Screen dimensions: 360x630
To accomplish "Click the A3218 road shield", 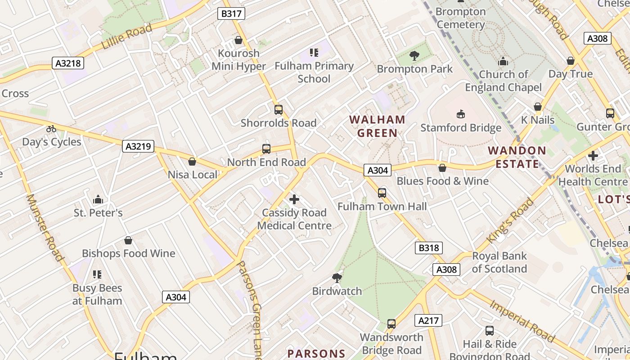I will (x=68, y=63).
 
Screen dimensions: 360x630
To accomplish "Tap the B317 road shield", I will (x=231, y=13).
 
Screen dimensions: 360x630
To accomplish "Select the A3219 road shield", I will (x=138, y=146).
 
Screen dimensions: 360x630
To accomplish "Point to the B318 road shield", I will (x=428, y=247).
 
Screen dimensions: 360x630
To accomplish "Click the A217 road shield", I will (x=428, y=320).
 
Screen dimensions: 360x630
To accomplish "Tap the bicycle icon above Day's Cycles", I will (x=51, y=129).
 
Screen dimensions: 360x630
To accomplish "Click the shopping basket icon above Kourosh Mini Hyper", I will (x=238, y=40).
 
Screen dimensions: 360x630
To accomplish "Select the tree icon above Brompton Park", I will (x=414, y=56).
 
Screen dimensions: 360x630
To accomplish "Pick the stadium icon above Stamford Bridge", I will (x=461, y=114).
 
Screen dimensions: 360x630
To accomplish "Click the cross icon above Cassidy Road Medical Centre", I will (x=294, y=199).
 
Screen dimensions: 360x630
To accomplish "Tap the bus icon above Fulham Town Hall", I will (x=382, y=193).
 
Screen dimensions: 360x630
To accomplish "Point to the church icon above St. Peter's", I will (x=98, y=199).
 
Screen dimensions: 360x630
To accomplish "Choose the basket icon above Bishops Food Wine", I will (x=128, y=240).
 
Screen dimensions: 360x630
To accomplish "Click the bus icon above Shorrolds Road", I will (x=279, y=109).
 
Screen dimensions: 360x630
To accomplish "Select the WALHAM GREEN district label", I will (x=377, y=126).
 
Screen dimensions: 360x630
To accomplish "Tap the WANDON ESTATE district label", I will (x=517, y=157).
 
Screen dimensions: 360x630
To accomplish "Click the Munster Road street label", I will (x=44, y=227).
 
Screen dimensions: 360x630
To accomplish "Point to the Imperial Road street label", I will (x=522, y=320).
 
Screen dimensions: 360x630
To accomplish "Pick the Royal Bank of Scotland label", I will (x=499, y=262).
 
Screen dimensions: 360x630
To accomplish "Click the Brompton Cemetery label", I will (x=461, y=18).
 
